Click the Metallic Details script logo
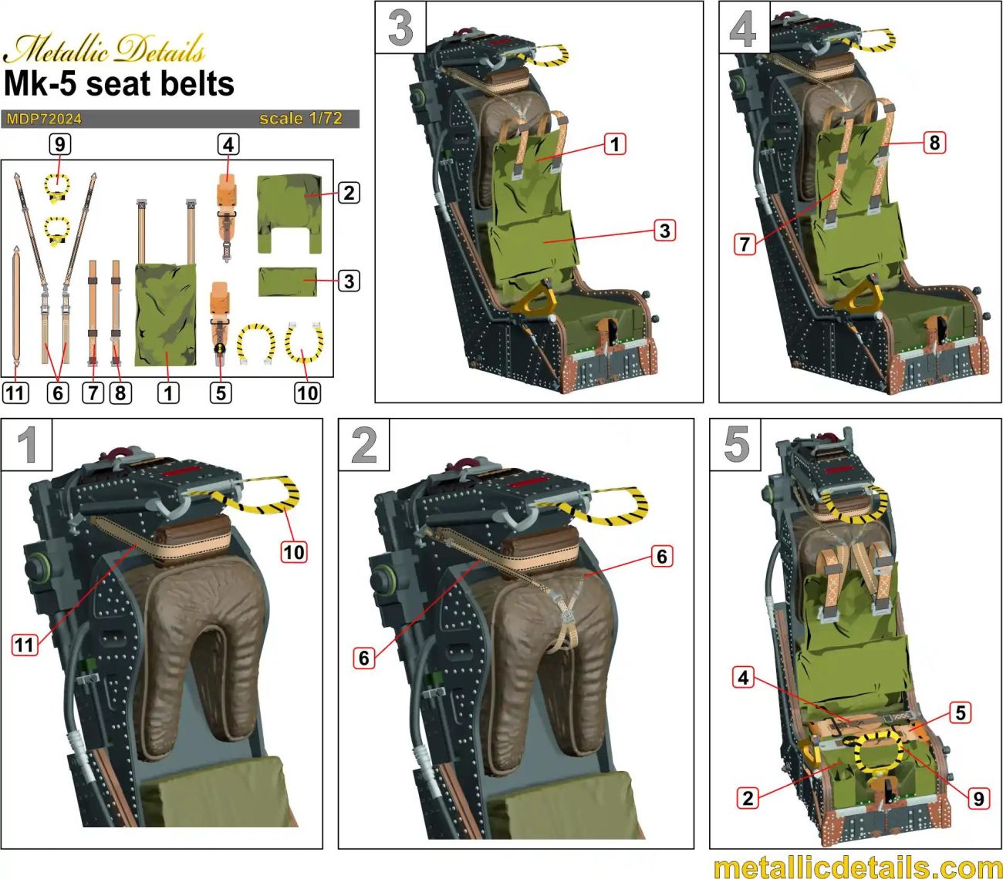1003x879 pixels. coord(104,49)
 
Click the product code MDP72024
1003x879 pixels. coord(44,119)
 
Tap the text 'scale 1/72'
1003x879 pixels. coord(300,119)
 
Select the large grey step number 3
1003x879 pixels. coord(400,28)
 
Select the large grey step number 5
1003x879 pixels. coord(735,445)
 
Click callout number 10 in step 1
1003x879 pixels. coord(294,552)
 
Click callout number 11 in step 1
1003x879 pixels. coord(25,644)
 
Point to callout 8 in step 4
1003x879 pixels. coord(934,143)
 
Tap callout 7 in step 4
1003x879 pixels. coord(745,244)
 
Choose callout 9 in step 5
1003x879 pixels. coord(978,797)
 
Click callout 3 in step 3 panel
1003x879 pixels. coord(664,231)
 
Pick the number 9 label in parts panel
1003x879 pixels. coord(59,144)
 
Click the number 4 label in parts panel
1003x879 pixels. coord(228,144)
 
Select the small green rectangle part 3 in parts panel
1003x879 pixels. coord(288,281)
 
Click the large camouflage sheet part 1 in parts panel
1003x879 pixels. coord(166,315)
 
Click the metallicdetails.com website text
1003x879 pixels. coord(856,866)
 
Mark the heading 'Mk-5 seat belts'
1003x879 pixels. coord(119,83)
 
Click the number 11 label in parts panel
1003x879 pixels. coord(15,393)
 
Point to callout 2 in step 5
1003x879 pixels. coord(747,797)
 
